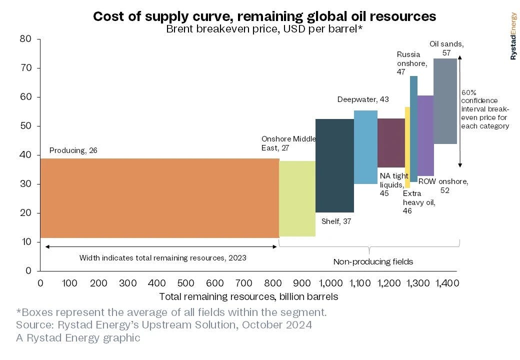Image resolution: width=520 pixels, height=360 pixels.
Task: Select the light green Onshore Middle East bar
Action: tap(297, 198)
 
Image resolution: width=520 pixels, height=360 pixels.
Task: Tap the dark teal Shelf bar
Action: tap(334, 165)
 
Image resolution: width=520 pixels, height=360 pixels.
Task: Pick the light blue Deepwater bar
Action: tap(365, 147)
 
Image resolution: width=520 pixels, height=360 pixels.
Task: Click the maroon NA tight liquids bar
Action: tap(391, 143)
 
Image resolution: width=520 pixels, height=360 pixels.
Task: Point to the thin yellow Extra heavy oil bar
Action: tap(407, 147)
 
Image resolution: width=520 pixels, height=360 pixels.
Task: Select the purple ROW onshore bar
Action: tap(425, 135)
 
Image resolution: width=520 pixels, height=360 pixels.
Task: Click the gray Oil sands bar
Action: tap(445, 101)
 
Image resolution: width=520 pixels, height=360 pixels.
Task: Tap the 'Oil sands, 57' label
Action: tap(446, 48)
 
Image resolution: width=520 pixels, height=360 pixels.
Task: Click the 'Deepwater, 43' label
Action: tap(363, 99)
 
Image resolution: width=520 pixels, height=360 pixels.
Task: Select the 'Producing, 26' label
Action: tap(73, 150)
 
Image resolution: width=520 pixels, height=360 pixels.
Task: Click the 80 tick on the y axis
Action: tap(26, 39)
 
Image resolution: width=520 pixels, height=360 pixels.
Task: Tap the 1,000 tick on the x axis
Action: tap(331, 283)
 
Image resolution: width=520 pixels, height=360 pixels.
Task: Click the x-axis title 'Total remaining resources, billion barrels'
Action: tap(248, 296)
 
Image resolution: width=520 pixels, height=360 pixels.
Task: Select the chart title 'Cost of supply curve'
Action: tap(264, 16)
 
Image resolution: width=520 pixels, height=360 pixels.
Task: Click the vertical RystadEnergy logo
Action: tap(513, 36)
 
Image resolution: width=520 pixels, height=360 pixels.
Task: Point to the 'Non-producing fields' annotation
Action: tap(373, 261)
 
